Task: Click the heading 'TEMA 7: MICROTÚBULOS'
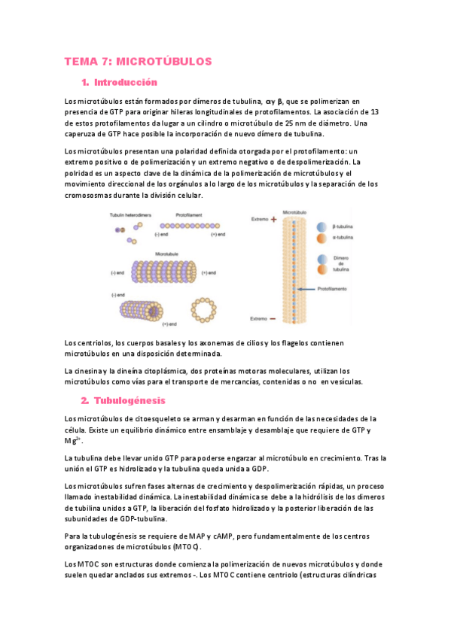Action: click(x=139, y=61)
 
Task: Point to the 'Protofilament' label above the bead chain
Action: click(x=188, y=214)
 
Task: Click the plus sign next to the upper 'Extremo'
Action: click(x=273, y=220)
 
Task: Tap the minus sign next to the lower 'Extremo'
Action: click(x=273, y=319)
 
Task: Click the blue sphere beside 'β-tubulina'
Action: click(x=321, y=226)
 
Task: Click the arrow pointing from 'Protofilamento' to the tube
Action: click(x=306, y=289)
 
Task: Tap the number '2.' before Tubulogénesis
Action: click(x=85, y=400)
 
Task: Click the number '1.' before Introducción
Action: click(x=84, y=81)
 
